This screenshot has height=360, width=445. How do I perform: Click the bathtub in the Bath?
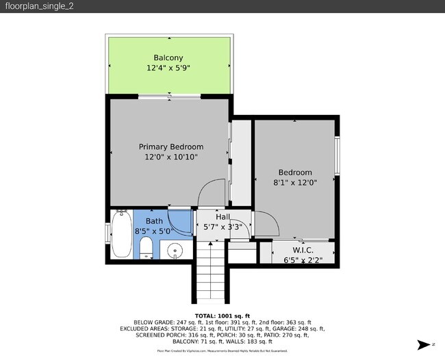pyautogui.click(x=121, y=235)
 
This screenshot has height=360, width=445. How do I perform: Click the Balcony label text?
pyautogui.click(x=168, y=57)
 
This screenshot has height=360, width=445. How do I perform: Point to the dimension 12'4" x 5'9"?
pyautogui.click(x=168, y=68)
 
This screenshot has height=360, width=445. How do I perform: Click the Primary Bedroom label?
pyautogui.click(x=171, y=146)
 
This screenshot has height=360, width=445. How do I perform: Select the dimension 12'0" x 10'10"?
pyautogui.click(x=171, y=157)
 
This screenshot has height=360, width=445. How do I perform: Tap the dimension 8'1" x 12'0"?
pyautogui.click(x=294, y=183)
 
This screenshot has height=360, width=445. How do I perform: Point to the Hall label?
pyautogui.click(x=224, y=217)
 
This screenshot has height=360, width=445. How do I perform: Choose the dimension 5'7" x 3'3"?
pyautogui.click(x=224, y=228)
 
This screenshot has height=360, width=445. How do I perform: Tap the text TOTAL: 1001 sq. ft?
pyautogui.click(x=222, y=316)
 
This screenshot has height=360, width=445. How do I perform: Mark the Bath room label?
pyautogui.click(x=154, y=221)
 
